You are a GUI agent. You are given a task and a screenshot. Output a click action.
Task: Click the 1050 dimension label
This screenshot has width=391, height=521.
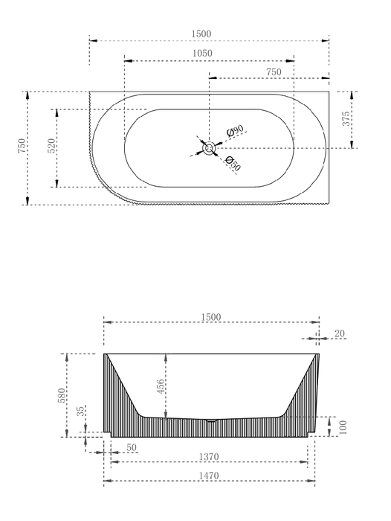(202, 53)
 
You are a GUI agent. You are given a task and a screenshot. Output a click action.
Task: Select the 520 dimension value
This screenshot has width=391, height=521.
(52, 146)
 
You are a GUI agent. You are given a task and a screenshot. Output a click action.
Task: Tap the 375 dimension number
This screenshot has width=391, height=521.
(346, 118)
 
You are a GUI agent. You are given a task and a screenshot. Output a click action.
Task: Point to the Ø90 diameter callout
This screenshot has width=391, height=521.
(236, 130)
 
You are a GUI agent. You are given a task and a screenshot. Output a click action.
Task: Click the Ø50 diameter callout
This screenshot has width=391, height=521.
(233, 164)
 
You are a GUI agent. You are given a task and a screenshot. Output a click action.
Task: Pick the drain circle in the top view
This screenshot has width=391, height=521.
(209, 148)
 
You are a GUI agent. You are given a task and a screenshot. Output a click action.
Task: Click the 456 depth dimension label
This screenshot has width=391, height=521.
(161, 387)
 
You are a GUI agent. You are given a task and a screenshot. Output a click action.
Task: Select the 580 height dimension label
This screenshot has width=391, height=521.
(62, 395)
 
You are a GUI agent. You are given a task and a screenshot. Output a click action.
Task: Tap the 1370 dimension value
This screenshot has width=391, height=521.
(209, 457)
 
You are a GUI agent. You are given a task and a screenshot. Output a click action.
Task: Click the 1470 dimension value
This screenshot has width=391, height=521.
(209, 476)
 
